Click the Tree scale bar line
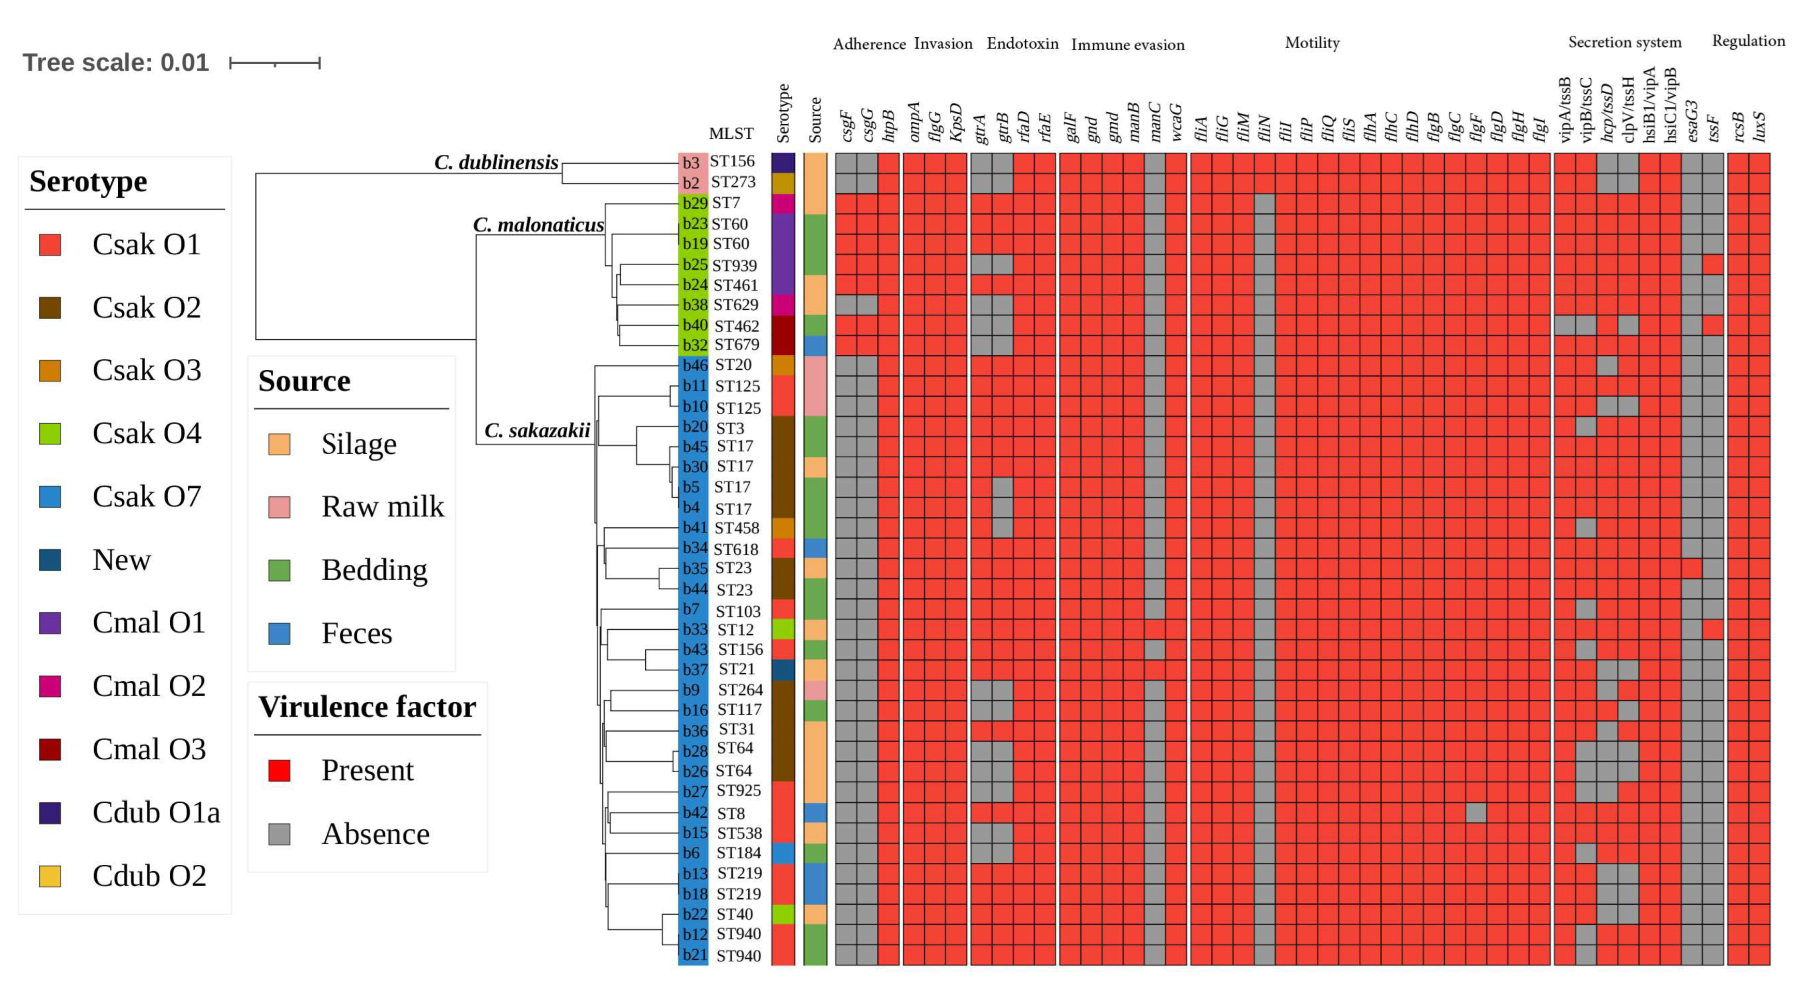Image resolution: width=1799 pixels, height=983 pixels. pos(274,64)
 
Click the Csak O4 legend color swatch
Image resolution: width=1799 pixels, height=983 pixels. pos(50,433)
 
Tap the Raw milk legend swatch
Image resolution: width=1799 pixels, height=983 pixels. pos(279,507)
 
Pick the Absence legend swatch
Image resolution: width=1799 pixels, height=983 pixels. pos(279,834)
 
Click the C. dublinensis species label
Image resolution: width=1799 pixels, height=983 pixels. pos(496,162)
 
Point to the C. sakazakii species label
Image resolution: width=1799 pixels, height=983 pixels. pos(537,430)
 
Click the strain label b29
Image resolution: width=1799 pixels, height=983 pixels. pos(694,204)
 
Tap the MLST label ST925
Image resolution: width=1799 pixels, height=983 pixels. pos(738,791)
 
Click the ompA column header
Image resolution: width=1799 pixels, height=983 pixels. pos(914,122)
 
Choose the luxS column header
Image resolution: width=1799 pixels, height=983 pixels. pos(1759,126)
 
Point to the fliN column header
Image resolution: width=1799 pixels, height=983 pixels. pos(1265,128)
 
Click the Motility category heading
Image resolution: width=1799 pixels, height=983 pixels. pos(1312,44)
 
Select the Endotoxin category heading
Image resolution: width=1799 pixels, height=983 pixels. pos(1022,44)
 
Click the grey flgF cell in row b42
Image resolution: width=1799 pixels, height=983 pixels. pos(1476,813)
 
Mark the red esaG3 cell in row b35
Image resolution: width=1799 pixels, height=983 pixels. pos(1691,569)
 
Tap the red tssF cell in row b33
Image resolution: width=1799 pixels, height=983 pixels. pos(1713,629)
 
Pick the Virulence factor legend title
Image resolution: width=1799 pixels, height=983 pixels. pos(367,707)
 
